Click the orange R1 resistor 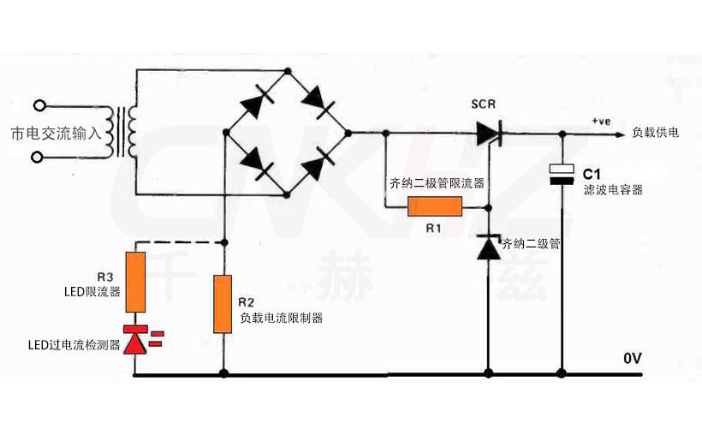(435, 206)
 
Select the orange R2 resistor (223, 303)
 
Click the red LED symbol (137, 341)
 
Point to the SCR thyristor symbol (489, 133)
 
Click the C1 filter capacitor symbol (562, 174)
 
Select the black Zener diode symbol (489, 247)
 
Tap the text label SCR (484, 104)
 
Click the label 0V (634, 358)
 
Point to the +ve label (600, 121)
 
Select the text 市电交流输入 (56, 134)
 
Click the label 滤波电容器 (612, 189)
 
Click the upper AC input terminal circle (39, 106)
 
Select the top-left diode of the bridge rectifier (254, 102)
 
